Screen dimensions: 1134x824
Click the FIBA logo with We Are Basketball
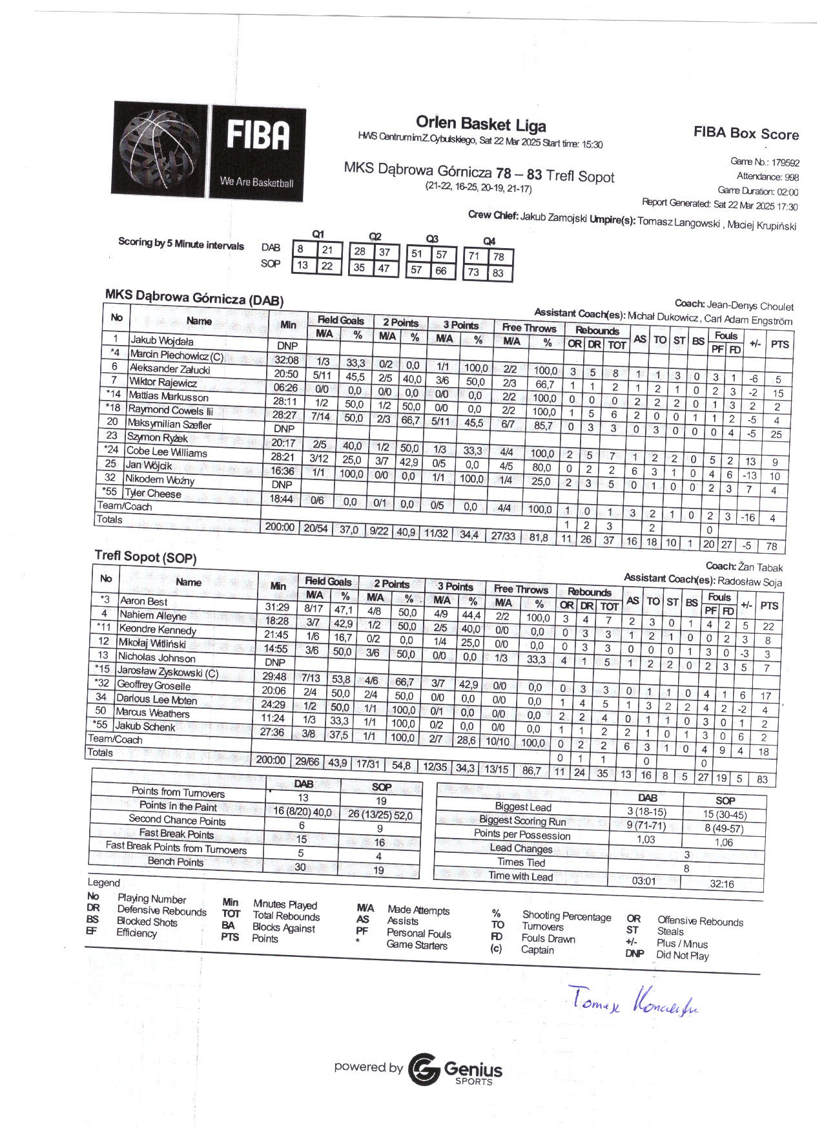(209, 151)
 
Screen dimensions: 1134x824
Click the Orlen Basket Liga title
(480, 124)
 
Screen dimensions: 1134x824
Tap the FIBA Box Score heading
(746, 133)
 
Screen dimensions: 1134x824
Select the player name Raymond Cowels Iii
(170, 410)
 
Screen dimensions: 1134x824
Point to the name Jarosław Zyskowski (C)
(168, 672)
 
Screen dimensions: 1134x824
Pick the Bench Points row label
(176, 861)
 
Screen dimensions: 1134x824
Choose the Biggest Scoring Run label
(522, 821)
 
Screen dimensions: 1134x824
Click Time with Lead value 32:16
(721, 884)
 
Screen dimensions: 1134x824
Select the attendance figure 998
(791, 177)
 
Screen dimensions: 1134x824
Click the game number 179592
(785, 163)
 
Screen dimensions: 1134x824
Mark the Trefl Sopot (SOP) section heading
(145, 556)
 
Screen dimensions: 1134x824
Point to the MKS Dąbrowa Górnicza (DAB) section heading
(194, 298)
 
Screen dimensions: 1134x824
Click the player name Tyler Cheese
(154, 494)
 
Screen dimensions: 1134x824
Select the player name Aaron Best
(143, 602)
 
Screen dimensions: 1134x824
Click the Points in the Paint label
(178, 806)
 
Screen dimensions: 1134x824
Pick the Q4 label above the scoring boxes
(489, 241)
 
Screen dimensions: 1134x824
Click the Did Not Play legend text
(683, 956)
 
